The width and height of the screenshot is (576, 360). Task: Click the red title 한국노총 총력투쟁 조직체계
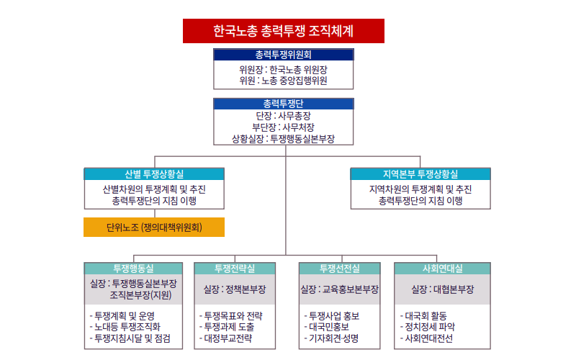coord(284,31)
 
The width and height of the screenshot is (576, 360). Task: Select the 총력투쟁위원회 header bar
coord(284,55)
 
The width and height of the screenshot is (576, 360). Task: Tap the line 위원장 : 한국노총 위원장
coord(283,69)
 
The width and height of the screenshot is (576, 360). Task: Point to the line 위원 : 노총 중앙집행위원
coord(283,81)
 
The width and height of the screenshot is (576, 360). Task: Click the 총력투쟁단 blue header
coord(284,104)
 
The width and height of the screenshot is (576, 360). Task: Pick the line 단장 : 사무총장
coord(283,116)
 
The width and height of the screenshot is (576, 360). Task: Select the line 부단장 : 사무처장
coord(283,127)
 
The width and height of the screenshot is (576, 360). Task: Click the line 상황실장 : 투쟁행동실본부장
coord(283,138)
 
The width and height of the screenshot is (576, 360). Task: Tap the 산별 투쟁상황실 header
coord(154,174)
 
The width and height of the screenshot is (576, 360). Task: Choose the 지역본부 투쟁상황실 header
coord(420,174)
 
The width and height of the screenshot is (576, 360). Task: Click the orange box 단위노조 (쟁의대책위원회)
coord(154,227)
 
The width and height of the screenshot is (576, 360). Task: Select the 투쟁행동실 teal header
coord(133,269)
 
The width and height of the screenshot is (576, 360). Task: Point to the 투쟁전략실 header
coord(235,269)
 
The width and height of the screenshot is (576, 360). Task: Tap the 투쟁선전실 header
coord(339,269)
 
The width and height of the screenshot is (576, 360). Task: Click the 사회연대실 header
coord(442,269)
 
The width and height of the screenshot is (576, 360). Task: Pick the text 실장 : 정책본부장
coord(235,289)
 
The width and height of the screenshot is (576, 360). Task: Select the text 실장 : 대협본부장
coord(442,289)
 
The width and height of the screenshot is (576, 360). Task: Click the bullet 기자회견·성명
coord(331,338)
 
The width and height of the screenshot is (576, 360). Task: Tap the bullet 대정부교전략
coord(225,338)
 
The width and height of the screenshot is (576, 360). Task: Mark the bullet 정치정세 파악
coord(428,327)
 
